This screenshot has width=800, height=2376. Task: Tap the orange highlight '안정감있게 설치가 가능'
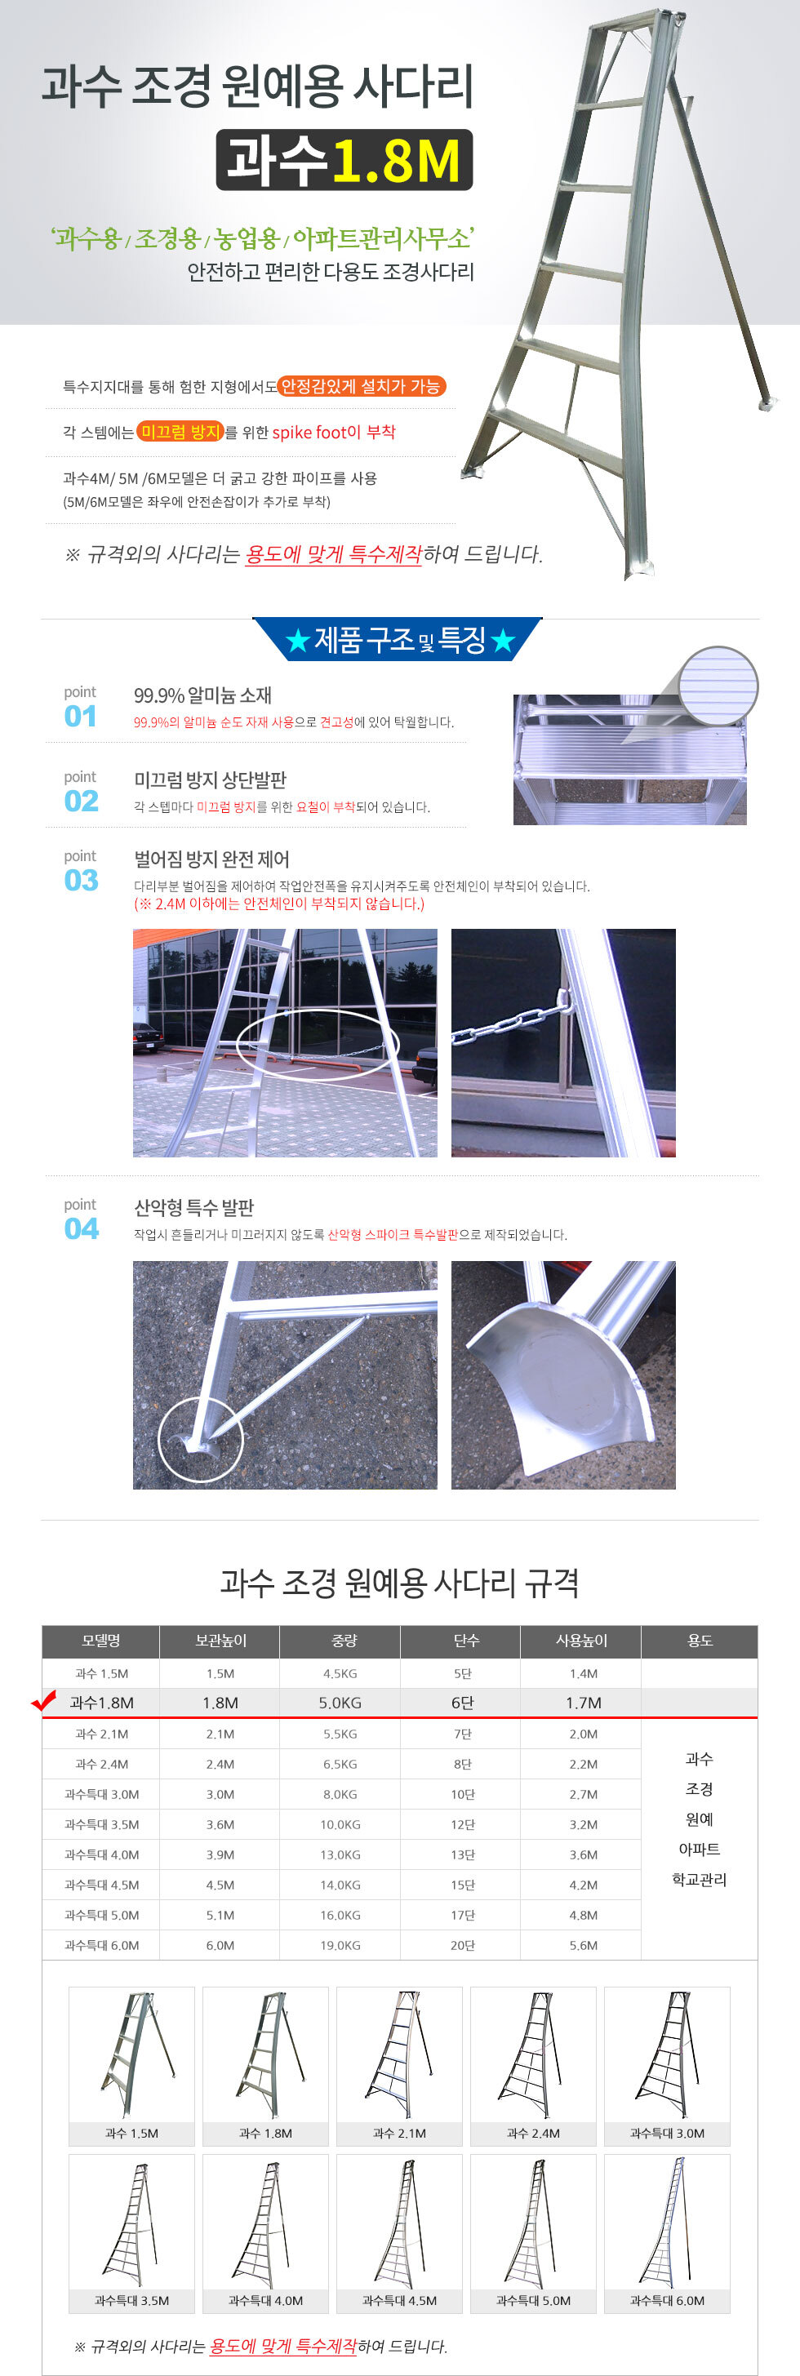(x=361, y=385)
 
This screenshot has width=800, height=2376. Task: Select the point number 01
(x=80, y=716)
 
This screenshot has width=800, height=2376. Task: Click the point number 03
(x=81, y=880)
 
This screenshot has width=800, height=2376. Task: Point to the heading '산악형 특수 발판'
(x=193, y=1207)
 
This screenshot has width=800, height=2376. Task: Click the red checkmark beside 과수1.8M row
(x=43, y=1701)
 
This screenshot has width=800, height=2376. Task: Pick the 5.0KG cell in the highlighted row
(x=340, y=1703)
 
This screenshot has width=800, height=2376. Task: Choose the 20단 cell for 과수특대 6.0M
(x=462, y=1945)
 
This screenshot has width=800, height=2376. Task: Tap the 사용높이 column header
(x=581, y=1641)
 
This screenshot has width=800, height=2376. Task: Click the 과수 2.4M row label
(x=101, y=1765)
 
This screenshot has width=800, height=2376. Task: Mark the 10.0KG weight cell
(x=340, y=1824)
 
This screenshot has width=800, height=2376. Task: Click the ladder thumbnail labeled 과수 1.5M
(x=131, y=2055)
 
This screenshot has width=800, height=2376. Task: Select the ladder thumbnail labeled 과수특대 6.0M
(x=666, y=2222)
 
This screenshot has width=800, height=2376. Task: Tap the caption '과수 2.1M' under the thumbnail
(x=398, y=2134)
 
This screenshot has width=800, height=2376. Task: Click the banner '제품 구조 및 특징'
(x=399, y=639)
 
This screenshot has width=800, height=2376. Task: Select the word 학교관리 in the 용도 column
(x=699, y=1879)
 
